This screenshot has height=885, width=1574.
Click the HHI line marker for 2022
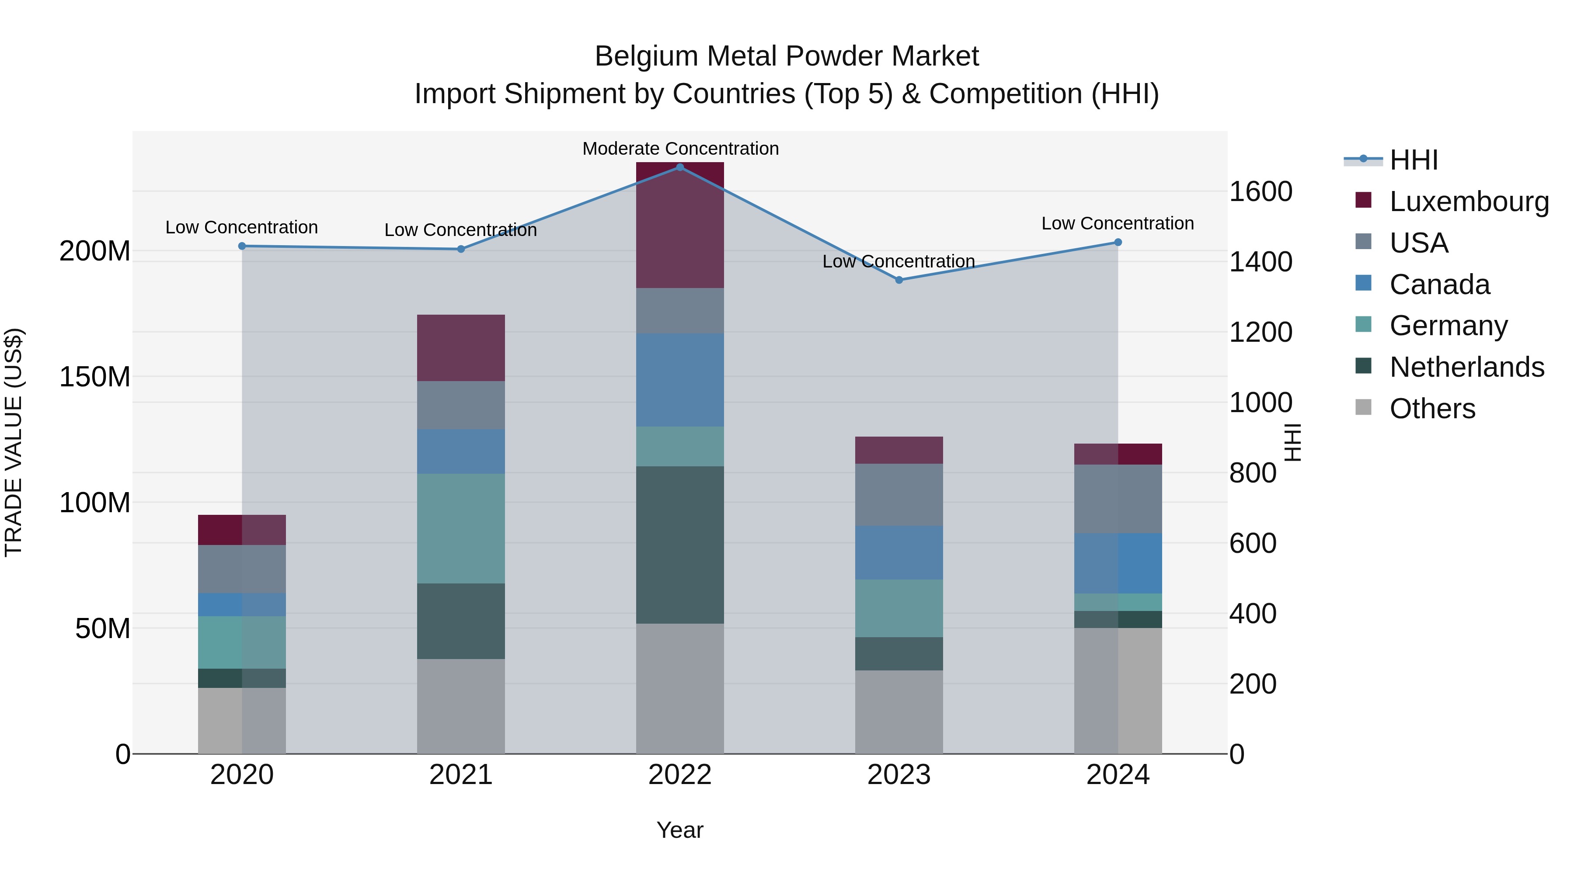tap(679, 167)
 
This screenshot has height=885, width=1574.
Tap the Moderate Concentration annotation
tap(680, 149)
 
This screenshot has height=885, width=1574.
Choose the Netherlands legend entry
tap(1466, 367)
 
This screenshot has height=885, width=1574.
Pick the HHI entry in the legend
tap(1413, 160)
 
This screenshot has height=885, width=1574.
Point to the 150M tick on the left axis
tap(95, 377)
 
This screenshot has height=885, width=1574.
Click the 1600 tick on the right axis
tap(1260, 192)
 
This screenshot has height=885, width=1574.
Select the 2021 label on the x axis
tap(461, 775)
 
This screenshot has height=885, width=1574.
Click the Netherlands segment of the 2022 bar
tap(679, 545)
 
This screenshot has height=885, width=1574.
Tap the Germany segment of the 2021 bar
tap(461, 528)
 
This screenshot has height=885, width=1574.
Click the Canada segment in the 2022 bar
tap(679, 380)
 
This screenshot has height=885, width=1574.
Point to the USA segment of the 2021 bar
tap(461, 405)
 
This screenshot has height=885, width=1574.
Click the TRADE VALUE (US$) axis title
tap(14, 442)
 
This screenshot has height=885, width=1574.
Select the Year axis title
tap(679, 830)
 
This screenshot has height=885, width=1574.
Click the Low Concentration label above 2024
tap(1117, 223)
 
